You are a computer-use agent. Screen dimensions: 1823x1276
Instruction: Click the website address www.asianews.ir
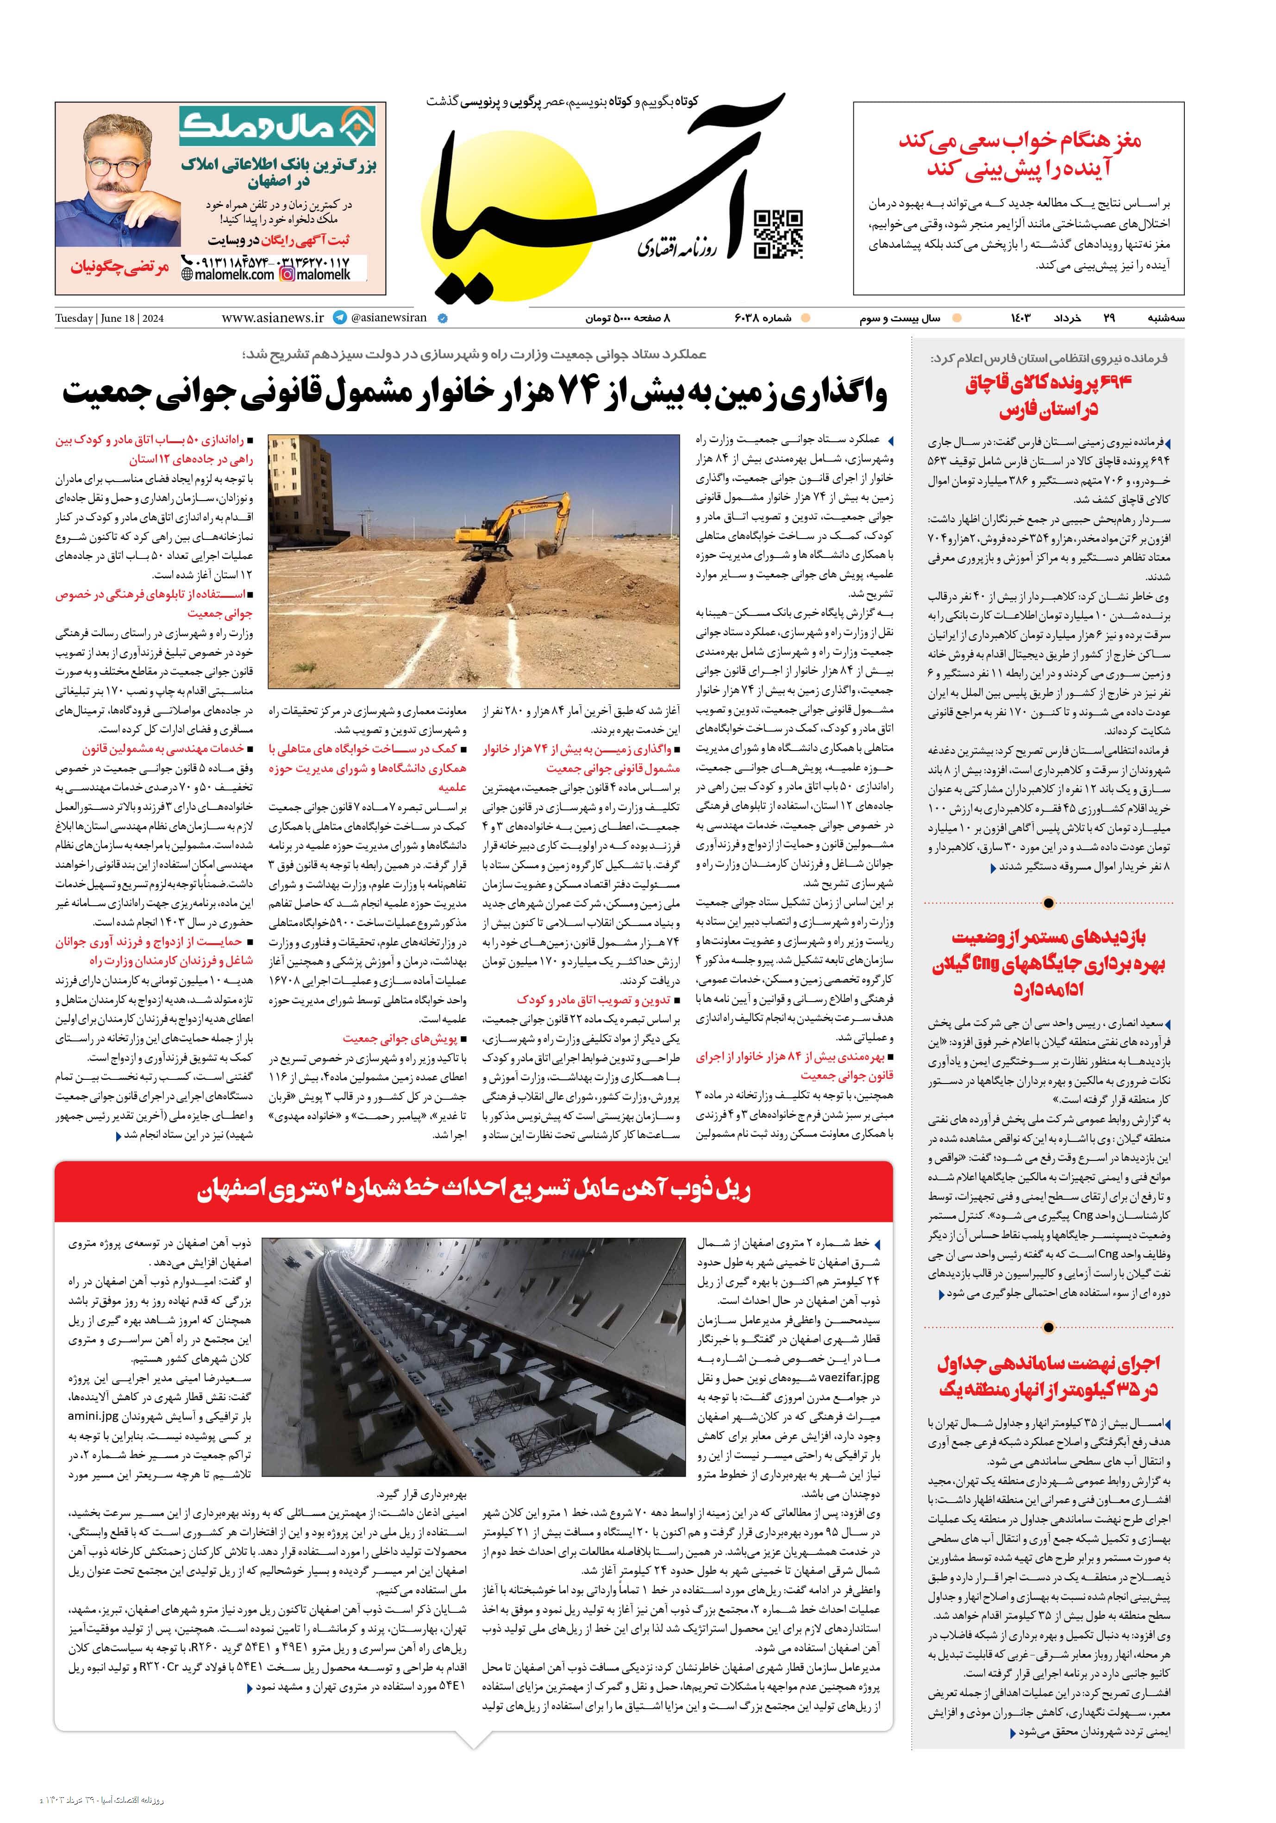pos(272,318)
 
